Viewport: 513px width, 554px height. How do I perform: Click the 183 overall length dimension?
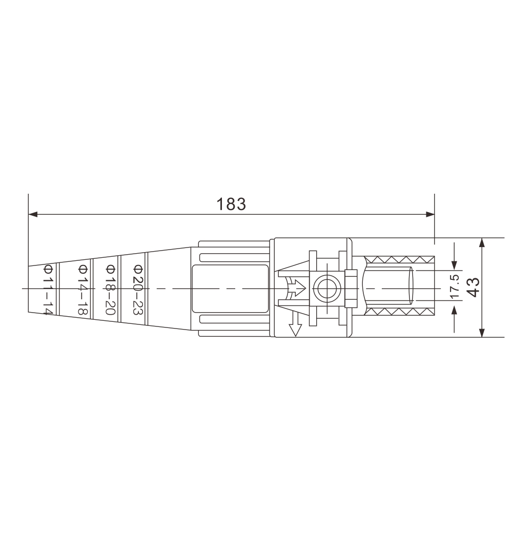[x=231, y=204]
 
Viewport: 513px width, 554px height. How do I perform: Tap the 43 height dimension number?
[x=473, y=287]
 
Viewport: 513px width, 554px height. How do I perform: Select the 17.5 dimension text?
[x=455, y=286]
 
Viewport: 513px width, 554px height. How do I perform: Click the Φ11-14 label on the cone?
[x=48, y=290]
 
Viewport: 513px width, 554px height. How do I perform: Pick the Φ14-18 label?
[x=83, y=290]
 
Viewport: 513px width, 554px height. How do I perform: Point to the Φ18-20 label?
[x=110, y=290]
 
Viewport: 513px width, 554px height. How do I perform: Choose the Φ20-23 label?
[x=138, y=290]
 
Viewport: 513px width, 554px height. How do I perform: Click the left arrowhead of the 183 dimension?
[x=32, y=214]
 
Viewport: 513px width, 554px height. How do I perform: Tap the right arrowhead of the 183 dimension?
[x=430, y=214]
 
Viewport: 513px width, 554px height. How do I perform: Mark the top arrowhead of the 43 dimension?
[x=482, y=242]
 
